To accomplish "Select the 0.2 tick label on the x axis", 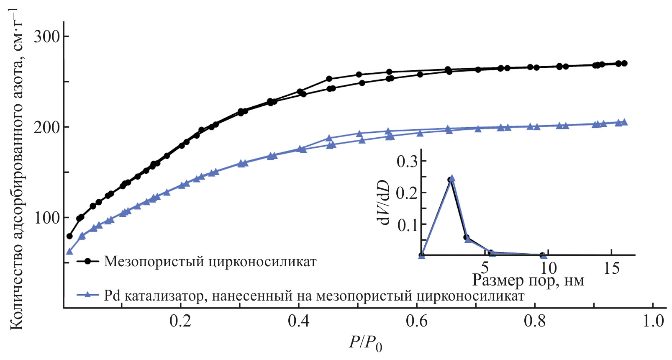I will (x=180, y=321).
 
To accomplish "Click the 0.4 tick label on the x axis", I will (x=298, y=321).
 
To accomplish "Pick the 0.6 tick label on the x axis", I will (x=417, y=321).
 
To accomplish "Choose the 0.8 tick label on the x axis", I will (x=535, y=321).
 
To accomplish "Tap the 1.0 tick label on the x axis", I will (x=653, y=321).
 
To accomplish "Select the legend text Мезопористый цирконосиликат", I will (x=210, y=262).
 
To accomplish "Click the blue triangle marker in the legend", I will (x=88, y=295).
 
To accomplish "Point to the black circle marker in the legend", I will (x=88, y=261).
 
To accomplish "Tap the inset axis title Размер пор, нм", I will (x=528, y=280).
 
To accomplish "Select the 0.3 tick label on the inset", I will (x=407, y=162).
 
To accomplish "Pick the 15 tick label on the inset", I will (x=611, y=268).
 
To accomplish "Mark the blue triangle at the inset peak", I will (x=452, y=178).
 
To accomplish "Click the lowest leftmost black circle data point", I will (x=69, y=236).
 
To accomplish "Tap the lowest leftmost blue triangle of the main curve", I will (x=69, y=252).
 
